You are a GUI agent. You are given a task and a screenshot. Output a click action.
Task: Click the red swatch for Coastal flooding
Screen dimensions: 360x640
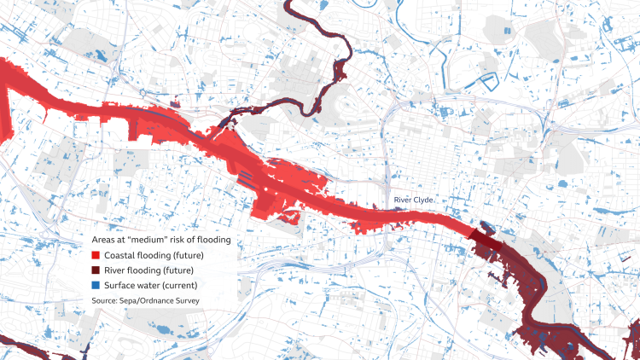tap(96, 255)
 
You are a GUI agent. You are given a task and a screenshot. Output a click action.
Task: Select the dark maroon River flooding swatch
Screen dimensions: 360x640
tap(96, 270)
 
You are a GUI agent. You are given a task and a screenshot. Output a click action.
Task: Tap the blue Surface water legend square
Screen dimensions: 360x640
tap(96, 285)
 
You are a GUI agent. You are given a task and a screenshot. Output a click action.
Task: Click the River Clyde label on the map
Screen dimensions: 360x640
tap(413, 200)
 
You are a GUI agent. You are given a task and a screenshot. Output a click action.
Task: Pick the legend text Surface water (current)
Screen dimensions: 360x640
tap(151, 285)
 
